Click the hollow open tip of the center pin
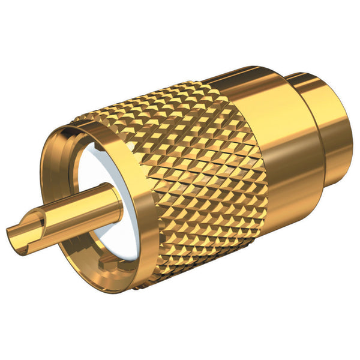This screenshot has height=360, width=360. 13,233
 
